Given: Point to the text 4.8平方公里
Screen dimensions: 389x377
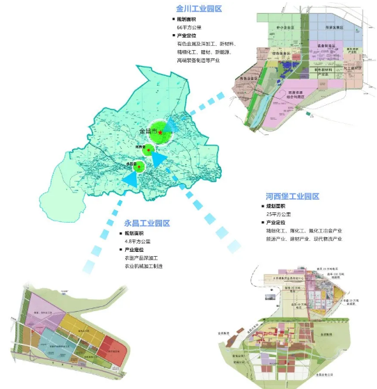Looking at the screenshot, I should coord(137,241).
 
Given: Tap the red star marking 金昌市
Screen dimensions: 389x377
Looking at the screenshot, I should coord(161,132).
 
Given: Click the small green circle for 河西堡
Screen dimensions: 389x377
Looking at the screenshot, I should coord(147,149).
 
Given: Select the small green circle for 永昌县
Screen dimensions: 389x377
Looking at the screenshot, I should coord(139,166).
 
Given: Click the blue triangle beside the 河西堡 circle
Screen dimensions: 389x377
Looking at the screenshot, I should coord(159,159).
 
